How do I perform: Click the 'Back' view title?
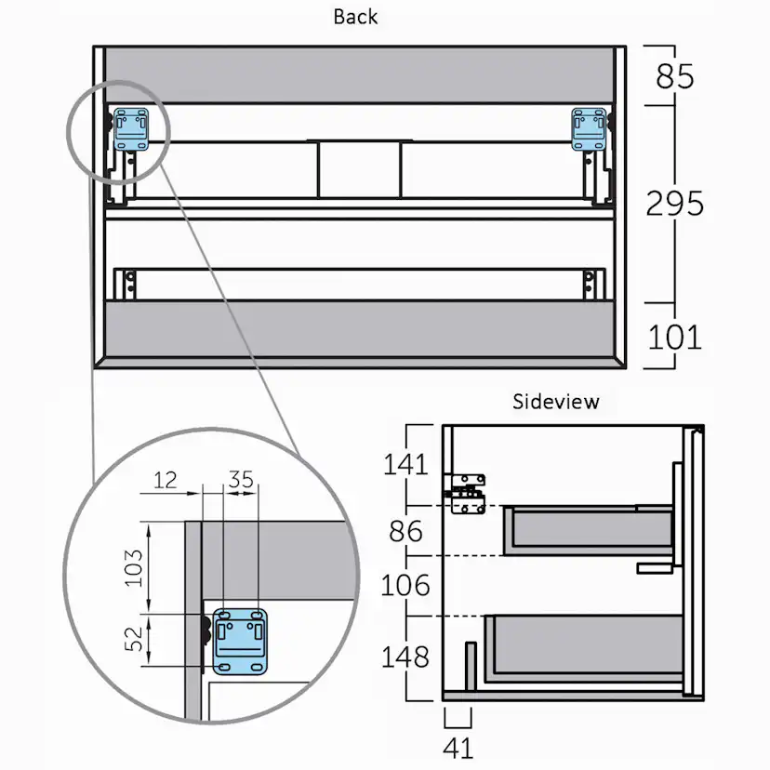[x=355, y=17]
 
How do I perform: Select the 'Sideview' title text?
[x=556, y=402]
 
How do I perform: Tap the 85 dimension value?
[x=675, y=76]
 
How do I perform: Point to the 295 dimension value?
[x=675, y=204]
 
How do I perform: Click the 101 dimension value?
[x=675, y=338]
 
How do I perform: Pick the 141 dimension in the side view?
[x=405, y=464]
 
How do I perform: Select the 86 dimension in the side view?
[x=405, y=531]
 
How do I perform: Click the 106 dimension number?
[x=405, y=585]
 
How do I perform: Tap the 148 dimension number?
[x=405, y=657]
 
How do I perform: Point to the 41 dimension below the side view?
[x=458, y=749]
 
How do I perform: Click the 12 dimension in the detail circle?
[x=165, y=480]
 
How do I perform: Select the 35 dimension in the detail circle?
[x=241, y=479]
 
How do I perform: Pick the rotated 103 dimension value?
[x=133, y=568]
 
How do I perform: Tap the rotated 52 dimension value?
[x=133, y=639]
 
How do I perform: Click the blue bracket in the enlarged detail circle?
[x=240, y=642]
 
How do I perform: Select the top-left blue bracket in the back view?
[x=131, y=129]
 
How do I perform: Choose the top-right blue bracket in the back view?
[x=590, y=129]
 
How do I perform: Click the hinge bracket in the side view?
[x=468, y=494]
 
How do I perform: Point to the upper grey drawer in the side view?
[x=588, y=530]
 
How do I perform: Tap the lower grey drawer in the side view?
[x=584, y=648]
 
